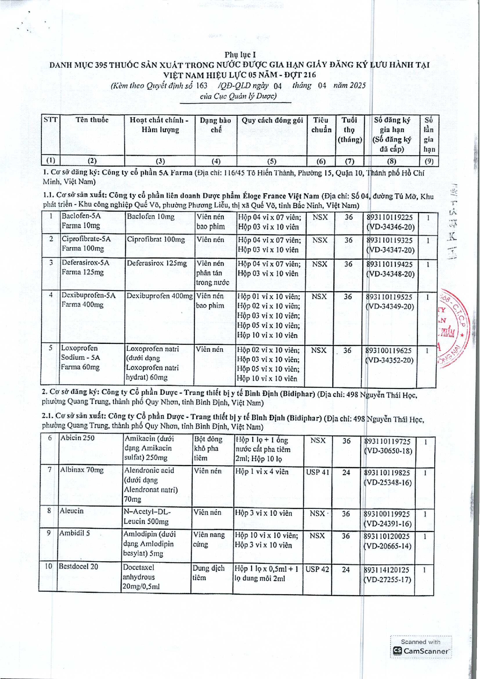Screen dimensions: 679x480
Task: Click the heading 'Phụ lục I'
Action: tap(240, 55)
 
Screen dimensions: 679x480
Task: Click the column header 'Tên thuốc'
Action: tap(92, 120)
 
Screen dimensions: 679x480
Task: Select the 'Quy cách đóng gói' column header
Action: tap(272, 120)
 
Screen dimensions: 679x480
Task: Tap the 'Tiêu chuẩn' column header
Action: tap(321, 125)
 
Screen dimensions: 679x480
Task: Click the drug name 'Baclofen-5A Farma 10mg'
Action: tap(81, 221)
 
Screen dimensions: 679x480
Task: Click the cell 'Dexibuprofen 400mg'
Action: tap(160, 296)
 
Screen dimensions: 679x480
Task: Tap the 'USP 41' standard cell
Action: tap(317, 472)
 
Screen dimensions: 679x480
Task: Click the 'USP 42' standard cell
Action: tap(317, 570)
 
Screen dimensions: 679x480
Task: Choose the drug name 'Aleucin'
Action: tap(71, 511)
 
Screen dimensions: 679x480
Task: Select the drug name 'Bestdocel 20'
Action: tap(78, 566)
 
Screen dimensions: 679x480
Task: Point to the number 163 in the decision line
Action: tap(202, 86)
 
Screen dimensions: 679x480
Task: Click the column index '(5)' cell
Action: tap(272, 161)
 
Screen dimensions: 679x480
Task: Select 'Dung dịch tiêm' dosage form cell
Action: tap(209, 573)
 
